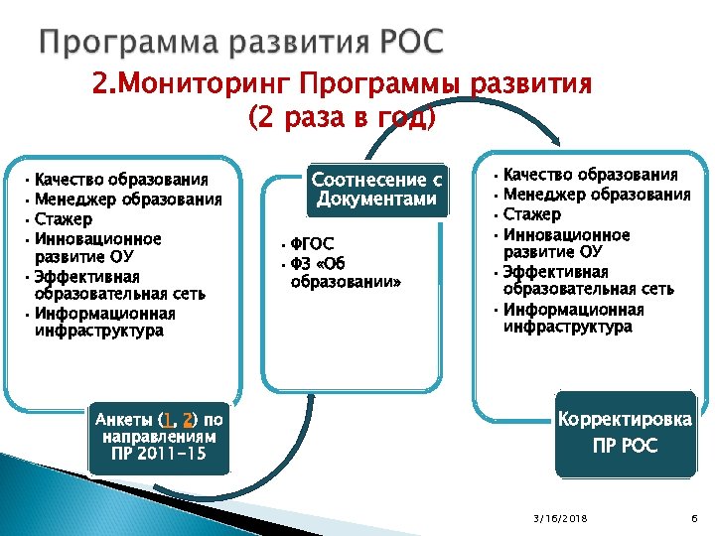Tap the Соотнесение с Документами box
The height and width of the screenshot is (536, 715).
[376, 189]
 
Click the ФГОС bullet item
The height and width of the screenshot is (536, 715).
[312, 244]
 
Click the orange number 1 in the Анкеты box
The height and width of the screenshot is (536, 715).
[170, 420]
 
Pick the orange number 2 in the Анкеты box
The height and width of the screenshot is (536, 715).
[188, 420]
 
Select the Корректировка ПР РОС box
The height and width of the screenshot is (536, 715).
[625, 433]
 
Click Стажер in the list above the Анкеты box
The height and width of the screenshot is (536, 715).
[64, 219]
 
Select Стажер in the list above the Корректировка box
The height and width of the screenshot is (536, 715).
[532, 215]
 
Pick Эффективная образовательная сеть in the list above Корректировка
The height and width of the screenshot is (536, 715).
[588, 281]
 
